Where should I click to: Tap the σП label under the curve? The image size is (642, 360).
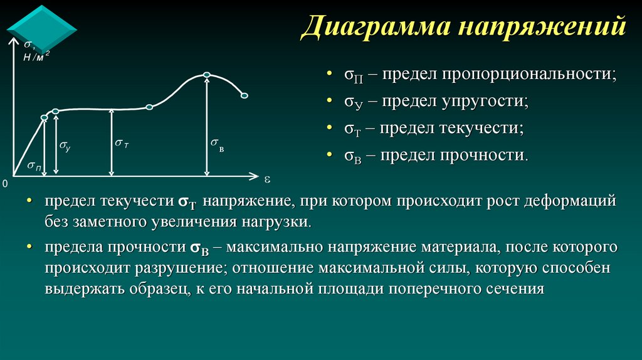[35, 166]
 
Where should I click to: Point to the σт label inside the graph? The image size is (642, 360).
[122, 144]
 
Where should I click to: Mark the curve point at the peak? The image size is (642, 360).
[207, 75]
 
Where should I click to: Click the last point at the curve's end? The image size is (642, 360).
[245, 95]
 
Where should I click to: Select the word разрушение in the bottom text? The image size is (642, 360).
[180, 268]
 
